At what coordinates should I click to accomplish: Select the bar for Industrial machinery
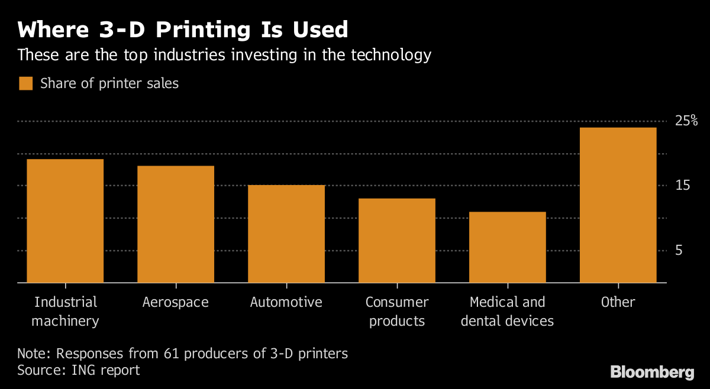pos(65,221)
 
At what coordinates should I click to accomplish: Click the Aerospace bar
pos(176,225)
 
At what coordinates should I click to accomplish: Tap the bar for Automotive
pos(286,234)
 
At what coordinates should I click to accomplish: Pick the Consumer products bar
pos(397,241)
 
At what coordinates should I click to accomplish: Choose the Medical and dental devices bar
pos(508,247)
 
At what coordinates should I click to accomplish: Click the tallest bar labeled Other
pos(618,205)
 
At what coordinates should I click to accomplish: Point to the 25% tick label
pos(686,121)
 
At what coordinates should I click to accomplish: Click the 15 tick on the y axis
pos(683,186)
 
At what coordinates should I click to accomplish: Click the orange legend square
pos(25,83)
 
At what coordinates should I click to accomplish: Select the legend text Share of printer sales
pos(109,83)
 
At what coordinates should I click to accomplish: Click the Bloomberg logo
pos(652,372)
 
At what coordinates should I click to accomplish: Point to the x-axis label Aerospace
pos(176,302)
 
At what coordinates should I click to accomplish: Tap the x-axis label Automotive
pos(286,302)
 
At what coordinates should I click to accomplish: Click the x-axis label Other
pos(618,302)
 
